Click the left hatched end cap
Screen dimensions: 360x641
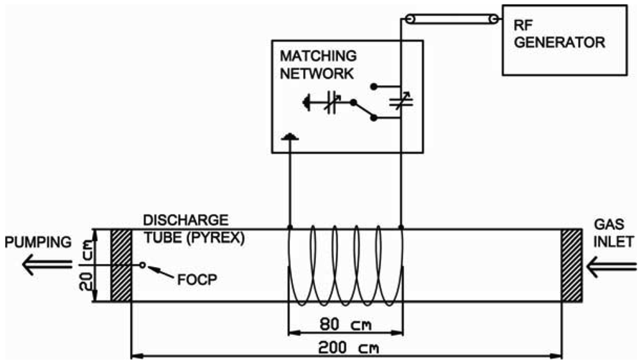(x=121, y=265)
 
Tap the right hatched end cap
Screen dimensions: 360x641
(x=572, y=265)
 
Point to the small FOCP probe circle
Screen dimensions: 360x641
(x=143, y=265)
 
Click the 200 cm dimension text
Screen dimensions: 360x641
(x=347, y=348)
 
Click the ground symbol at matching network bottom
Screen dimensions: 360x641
(x=290, y=137)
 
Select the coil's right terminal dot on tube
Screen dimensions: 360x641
(x=401, y=228)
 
